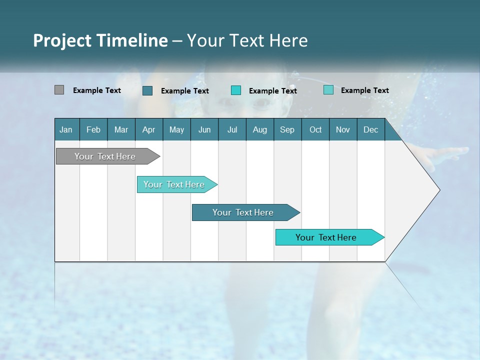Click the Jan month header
66,129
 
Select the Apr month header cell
149,129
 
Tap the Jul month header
232,129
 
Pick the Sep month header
287,129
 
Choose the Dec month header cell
370,129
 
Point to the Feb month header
93,129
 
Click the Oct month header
315,129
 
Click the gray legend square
59,90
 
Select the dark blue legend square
147,90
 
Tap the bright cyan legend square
236,90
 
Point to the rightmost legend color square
328,90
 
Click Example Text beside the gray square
97,90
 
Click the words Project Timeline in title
100,40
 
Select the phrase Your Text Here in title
247,40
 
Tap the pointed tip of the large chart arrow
438,190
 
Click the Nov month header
343,129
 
